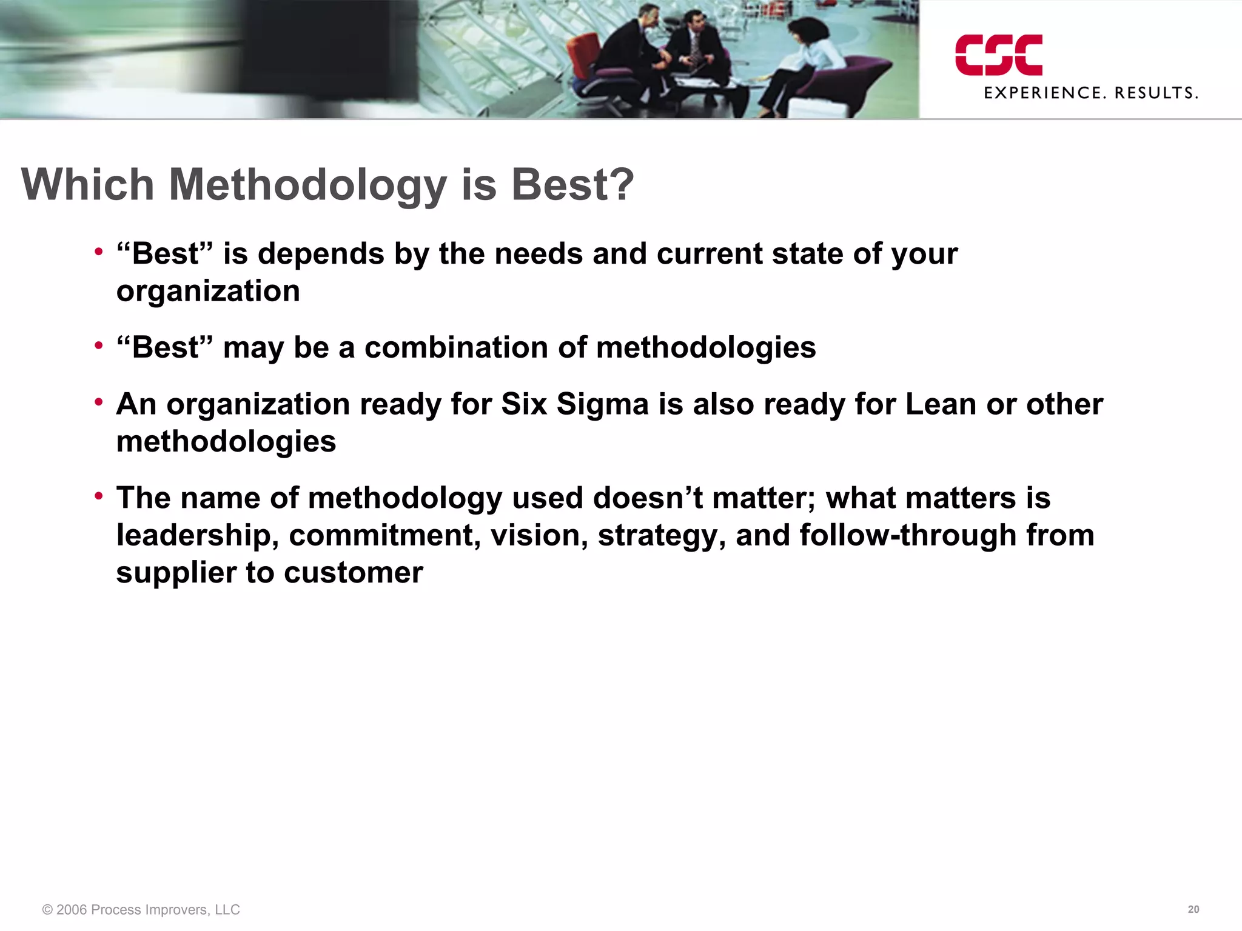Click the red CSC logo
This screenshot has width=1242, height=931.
(x=998, y=55)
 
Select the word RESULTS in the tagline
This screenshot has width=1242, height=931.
(x=1156, y=93)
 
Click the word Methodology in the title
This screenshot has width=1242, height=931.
(x=307, y=185)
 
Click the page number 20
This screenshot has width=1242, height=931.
(x=1193, y=909)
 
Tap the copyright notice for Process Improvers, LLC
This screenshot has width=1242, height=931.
(x=141, y=910)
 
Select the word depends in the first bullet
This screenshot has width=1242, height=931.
(x=321, y=253)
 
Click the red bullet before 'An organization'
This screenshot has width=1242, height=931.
(x=99, y=402)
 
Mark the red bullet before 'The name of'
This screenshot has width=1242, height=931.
(x=99, y=496)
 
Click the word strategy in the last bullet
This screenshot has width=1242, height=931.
(x=662, y=536)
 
